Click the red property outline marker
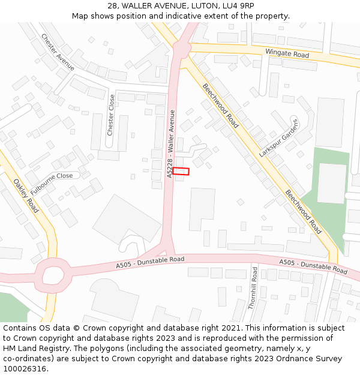coord(181,172)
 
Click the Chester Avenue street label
coord(58,52)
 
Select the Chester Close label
coord(111,115)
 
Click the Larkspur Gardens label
coord(278,137)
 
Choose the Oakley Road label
coord(26,195)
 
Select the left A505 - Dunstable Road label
coord(150,262)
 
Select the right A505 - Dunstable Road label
coord(313,267)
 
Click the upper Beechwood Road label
coord(220,106)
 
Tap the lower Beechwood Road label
coord(303,212)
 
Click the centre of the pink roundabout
coord(53,275)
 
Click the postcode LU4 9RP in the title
coord(238,5)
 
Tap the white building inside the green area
coord(331,183)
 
